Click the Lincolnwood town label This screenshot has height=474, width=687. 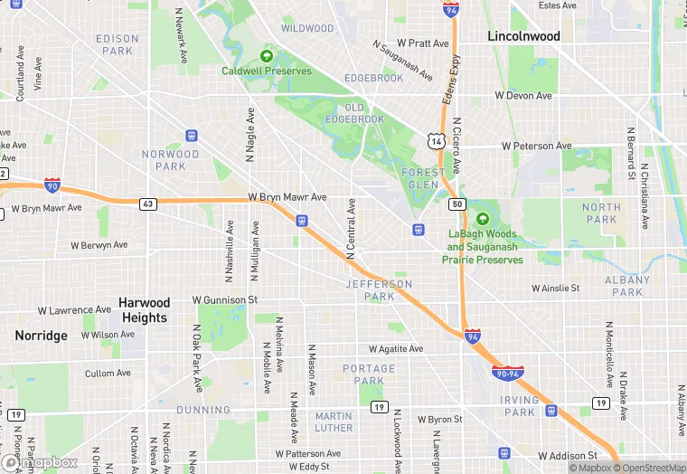(523, 37)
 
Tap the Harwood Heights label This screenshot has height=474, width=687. (145, 310)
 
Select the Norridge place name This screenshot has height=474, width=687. (41, 336)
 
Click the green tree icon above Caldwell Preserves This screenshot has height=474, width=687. (267, 55)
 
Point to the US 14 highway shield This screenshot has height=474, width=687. (436, 141)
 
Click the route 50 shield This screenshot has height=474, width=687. (457, 204)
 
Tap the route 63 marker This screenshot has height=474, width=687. (146, 204)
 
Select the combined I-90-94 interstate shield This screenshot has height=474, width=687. (506, 373)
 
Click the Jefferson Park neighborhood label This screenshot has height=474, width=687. (379, 290)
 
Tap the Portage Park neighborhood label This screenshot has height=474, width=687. (369, 374)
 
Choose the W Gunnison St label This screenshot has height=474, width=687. (225, 299)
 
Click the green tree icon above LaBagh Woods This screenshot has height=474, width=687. (483, 219)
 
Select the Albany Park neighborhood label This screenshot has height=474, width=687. (626, 287)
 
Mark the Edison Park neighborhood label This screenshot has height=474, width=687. (118, 45)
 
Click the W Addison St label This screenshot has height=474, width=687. (568, 456)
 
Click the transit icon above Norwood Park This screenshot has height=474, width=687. (191, 136)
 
